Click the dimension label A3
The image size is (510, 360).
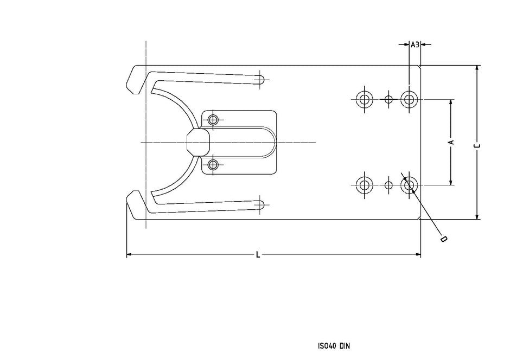415,44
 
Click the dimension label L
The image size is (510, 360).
258,254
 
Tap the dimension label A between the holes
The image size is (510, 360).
451,142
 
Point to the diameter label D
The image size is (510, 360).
443,239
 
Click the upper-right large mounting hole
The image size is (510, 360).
409,99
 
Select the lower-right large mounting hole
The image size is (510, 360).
409,185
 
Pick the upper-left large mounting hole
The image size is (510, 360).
364,99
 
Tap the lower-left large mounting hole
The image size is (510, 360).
364,185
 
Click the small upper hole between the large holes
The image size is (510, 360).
388,99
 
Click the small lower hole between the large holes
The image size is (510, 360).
388,185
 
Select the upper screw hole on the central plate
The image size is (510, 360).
213,119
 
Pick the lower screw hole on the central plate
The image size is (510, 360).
213,164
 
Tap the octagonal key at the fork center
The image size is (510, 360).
197,142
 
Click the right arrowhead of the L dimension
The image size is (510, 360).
418,254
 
